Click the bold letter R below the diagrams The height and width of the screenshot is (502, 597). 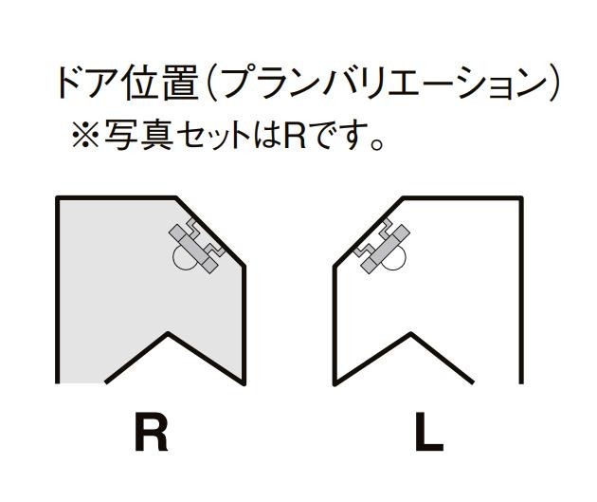pyautogui.click(x=150, y=434)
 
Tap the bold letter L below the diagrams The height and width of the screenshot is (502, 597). pyautogui.click(x=429, y=434)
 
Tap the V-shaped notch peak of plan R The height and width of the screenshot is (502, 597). pyautogui.click(x=169, y=333)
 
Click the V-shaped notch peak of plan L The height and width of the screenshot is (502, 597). pyautogui.click(x=410, y=333)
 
